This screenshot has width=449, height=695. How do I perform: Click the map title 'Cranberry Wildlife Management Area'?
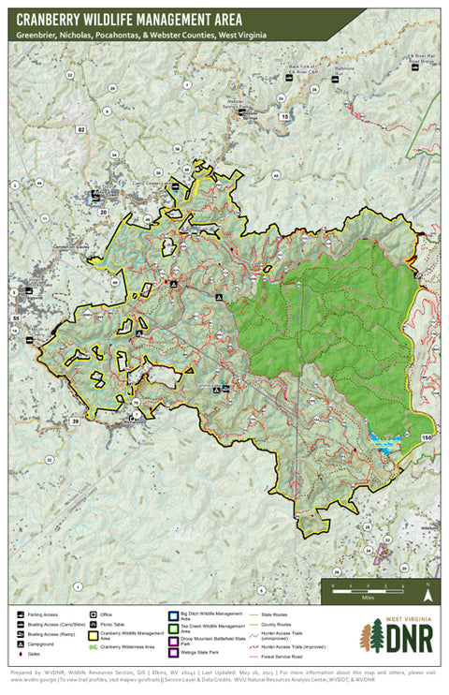(x=128, y=19)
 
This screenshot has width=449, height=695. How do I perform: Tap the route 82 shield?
(x=81, y=128)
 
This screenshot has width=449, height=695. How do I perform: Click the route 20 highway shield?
(x=103, y=213)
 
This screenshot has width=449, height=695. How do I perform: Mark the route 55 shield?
(x=16, y=319)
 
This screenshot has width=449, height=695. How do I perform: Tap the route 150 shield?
(x=427, y=438)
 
